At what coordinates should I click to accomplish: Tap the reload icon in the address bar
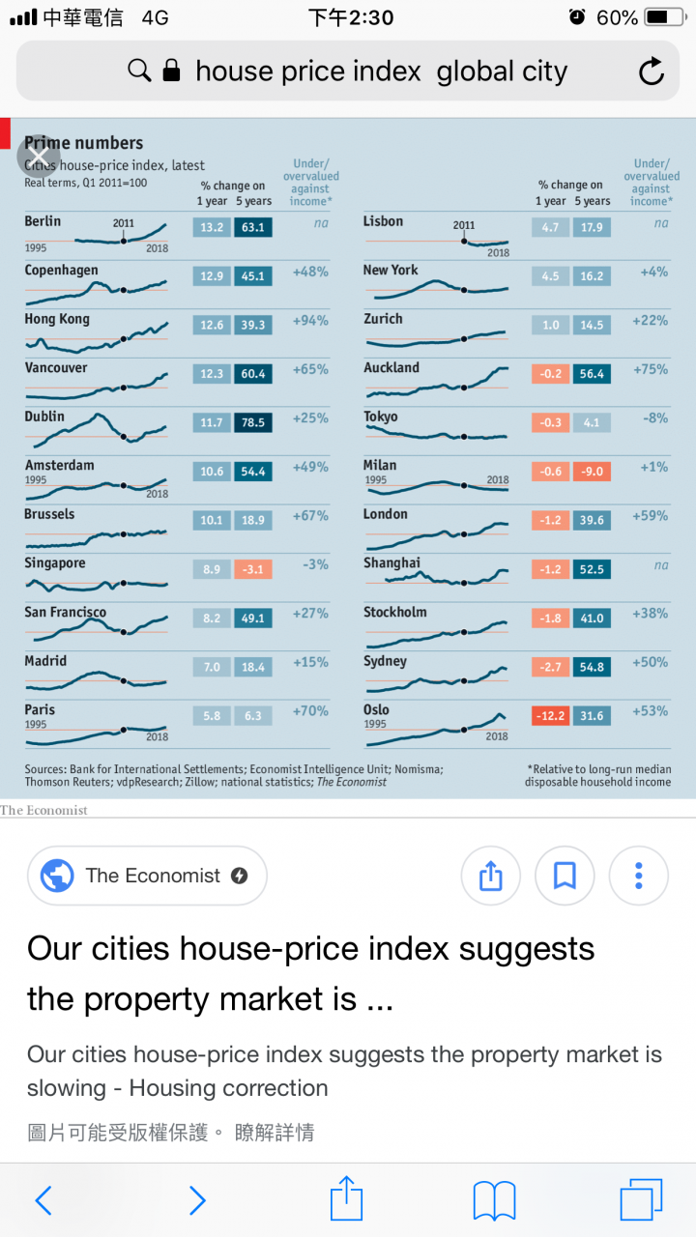pyautogui.click(x=652, y=72)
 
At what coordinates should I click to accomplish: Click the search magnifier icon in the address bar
pyautogui.click(x=139, y=71)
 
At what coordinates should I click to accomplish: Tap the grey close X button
pyautogui.click(x=38, y=156)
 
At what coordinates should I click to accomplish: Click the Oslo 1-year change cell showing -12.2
pyautogui.click(x=550, y=716)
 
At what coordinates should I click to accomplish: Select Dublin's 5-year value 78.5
pyautogui.click(x=253, y=423)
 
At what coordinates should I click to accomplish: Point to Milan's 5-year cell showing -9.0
pyautogui.click(x=592, y=472)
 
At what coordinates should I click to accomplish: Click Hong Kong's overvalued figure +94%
pyautogui.click(x=310, y=321)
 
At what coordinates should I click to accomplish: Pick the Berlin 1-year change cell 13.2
pyautogui.click(x=212, y=228)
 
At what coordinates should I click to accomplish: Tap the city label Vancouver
pyautogui.click(x=56, y=368)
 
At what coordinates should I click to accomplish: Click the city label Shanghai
pyautogui.click(x=391, y=563)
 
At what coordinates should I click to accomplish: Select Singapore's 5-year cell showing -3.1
pyautogui.click(x=253, y=570)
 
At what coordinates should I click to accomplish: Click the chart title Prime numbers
pyautogui.click(x=84, y=143)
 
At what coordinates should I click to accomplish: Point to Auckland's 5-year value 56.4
pyautogui.click(x=592, y=374)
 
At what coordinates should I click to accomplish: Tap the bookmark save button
pyautogui.click(x=565, y=876)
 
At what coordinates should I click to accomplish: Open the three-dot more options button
pyautogui.click(x=638, y=876)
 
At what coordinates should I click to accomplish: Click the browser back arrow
pyautogui.click(x=43, y=1200)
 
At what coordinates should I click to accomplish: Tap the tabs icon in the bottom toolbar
pyautogui.click(x=641, y=1200)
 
